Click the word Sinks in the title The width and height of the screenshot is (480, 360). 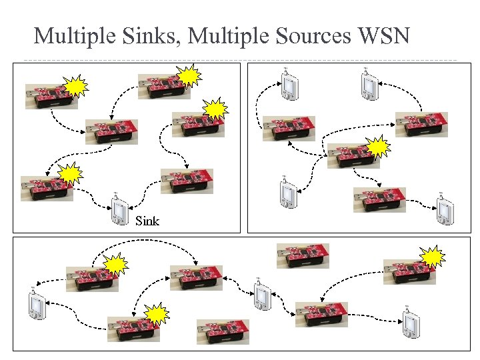pos(148,35)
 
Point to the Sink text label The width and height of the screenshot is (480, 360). pos(147,220)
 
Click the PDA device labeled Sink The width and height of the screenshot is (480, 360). pos(119,211)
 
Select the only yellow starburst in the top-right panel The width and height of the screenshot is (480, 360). pos(377,147)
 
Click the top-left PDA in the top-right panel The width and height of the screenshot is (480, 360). pos(288,85)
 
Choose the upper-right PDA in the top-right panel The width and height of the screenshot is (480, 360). pos(367,84)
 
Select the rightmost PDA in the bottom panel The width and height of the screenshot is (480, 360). pos(409,323)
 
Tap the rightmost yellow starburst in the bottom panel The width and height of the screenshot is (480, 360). pos(433,257)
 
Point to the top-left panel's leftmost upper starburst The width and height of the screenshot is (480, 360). pos(76,86)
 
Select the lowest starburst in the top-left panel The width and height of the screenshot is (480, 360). pos(70,174)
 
